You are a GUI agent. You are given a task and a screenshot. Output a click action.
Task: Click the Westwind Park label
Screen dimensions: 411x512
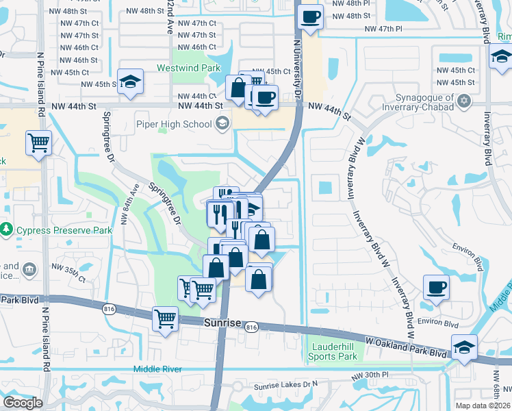tap(188, 68)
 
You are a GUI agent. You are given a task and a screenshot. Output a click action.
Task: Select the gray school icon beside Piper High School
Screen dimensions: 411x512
tap(222, 123)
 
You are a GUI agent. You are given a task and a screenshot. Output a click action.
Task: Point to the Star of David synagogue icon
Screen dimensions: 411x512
tap(465, 101)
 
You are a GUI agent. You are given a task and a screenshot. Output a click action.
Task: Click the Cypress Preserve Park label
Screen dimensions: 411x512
tap(64, 231)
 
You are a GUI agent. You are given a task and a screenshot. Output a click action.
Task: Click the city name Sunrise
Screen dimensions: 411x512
tap(223, 321)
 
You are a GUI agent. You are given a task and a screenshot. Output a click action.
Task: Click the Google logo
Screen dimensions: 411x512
tap(23, 402)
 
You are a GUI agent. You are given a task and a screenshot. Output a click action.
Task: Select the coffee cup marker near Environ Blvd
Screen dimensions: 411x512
tap(436, 287)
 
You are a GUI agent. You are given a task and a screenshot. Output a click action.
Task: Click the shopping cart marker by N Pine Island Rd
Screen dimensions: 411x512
tap(39, 143)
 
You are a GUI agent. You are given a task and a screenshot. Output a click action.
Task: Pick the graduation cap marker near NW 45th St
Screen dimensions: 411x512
tap(130, 82)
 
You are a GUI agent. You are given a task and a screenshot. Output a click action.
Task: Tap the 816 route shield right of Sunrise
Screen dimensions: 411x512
tap(251, 328)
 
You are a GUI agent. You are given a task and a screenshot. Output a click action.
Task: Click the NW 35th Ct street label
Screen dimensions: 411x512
tap(73, 279)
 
